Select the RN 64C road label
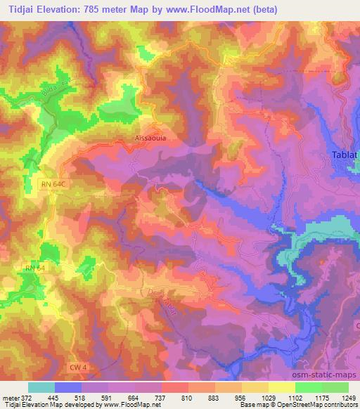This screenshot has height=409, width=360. click(x=53, y=183)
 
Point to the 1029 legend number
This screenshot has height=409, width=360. click(x=268, y=397)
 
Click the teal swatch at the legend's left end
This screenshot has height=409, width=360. click(x=41, y=387)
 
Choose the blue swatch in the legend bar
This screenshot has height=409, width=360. click(x=68, y=387)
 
